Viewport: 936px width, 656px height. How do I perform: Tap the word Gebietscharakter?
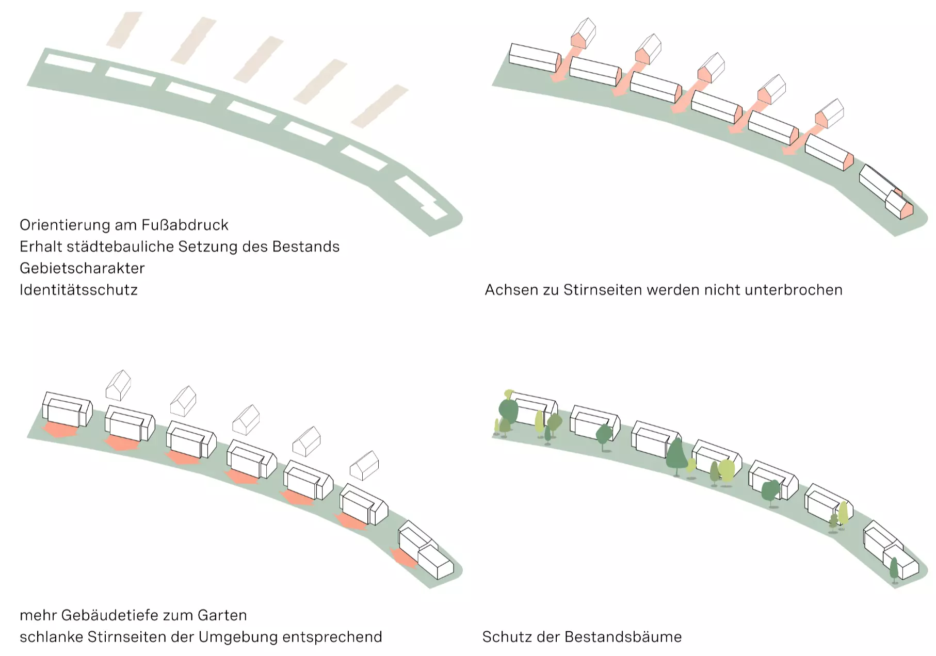[x=82, y=268]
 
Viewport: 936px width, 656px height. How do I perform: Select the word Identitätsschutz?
[x=78, y=290]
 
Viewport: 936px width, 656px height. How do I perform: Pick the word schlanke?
[x=51, y=637]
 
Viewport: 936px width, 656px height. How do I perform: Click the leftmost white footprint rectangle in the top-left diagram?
[x=70, y=63]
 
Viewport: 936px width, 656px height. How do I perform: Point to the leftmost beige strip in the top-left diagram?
[x=124, y=30]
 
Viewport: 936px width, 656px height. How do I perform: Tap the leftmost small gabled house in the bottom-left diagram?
[x=118, y=385]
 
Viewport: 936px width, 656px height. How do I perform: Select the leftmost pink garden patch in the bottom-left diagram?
[x=60, y=430]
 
